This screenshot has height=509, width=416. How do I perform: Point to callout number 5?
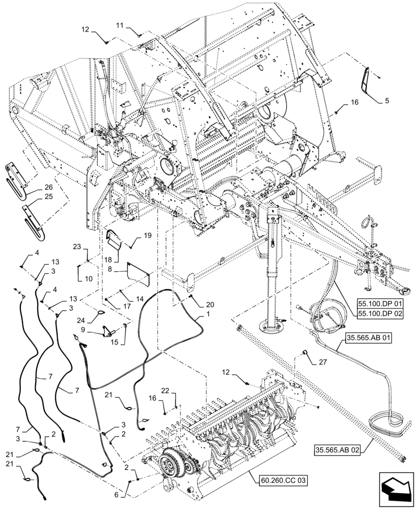pos(386,101)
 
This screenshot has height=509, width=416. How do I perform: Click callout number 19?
pos(147,236)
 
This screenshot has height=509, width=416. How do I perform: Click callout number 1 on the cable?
pos(207,316)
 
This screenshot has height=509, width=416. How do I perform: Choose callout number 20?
pos(210,304)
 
